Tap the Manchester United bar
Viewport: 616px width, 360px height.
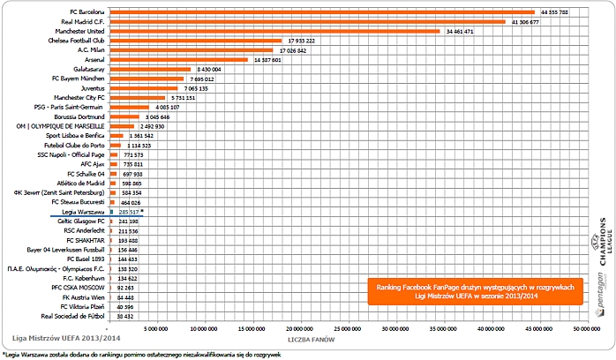click(273, 31)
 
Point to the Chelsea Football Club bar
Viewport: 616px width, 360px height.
click(193, 41)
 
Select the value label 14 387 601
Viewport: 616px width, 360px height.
click(267, 60)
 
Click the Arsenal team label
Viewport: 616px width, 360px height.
click(92, 60)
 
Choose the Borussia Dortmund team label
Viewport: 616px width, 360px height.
click(79, 116)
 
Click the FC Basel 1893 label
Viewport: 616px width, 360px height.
click(86, 259)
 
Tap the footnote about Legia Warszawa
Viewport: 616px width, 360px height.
click(141, 354)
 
